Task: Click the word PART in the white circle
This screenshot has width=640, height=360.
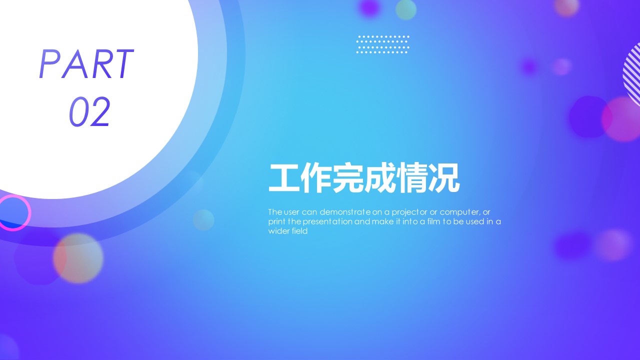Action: tap(86, 63)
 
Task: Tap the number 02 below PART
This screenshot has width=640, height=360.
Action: tap(89, 111)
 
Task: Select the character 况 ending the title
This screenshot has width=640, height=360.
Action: tap(443, 177)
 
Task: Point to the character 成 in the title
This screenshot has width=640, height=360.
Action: tap(380, 177)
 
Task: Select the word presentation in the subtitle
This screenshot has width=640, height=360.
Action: tap(327, 222)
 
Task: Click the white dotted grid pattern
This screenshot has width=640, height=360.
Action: tap(382, 44)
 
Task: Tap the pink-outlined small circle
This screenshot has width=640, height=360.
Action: tap(13, 213)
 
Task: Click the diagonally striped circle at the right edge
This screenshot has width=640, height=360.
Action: tap(632, 73)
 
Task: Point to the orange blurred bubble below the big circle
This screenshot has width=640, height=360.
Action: tap(78, 258)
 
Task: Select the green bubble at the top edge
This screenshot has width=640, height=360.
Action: tap(405, 9)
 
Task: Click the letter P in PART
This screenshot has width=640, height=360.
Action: tap(49, 63)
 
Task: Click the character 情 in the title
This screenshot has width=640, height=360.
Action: tap(411, 177)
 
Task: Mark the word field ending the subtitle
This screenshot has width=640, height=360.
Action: tap(299, 231)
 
